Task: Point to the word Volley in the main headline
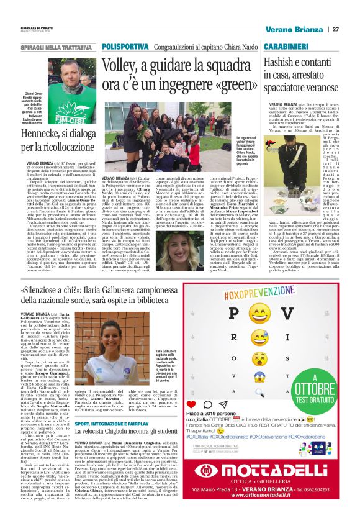122,64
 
